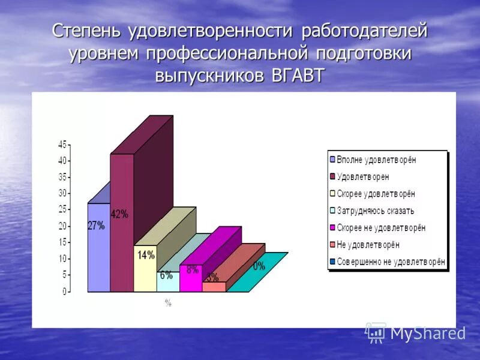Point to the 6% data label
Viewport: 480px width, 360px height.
click(x=166, y=275)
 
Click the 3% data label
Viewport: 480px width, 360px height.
click(x=212, y=277)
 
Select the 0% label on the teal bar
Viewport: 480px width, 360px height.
click(x=259, y=266)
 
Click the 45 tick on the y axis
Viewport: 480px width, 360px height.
click(x=62, y=144)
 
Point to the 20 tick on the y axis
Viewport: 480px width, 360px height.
click(x=62, y=226)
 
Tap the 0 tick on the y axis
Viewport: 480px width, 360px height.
click(x=64, y=292)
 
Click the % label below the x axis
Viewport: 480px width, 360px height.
click(x=168, y=303)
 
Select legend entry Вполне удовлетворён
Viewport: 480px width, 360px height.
click(x=376, y=160)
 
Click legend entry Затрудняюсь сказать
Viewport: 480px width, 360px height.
click(x=375, y=211)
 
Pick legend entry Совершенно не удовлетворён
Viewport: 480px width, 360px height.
click(x=390, y=262)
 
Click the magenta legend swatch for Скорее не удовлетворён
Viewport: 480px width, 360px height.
click(x=332, y=228)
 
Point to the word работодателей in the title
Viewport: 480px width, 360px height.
click(x=364, y=31)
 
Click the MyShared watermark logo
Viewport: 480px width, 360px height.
click(x=416, y=333)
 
